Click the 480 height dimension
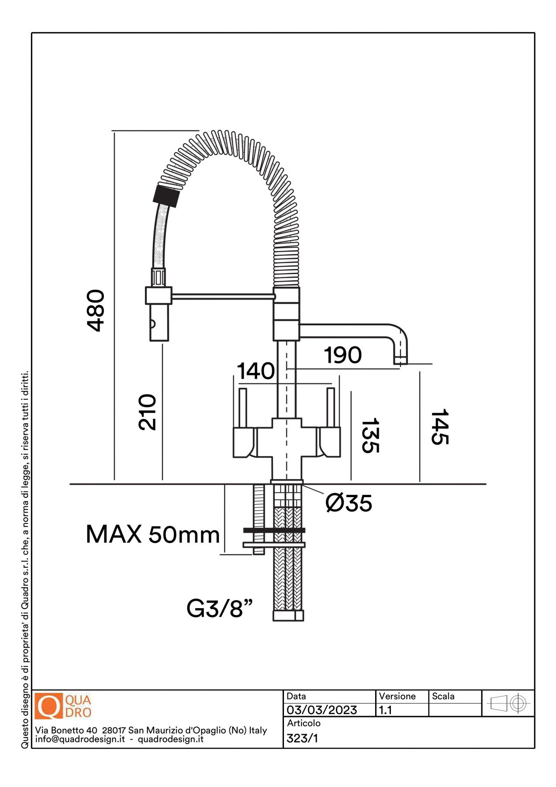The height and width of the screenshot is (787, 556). [96, 310]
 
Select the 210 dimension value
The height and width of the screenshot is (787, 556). [147, 412]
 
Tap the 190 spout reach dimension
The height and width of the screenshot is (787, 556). [343, 355]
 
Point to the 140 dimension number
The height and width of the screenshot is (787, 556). [256, 371]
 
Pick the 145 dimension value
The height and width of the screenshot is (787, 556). [440, 427]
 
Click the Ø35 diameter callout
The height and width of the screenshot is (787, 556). [349, 503]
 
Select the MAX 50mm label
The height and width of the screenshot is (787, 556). [153, 534]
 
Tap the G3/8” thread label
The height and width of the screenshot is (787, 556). [220, 608]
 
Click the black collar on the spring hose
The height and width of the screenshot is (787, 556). [166, 196]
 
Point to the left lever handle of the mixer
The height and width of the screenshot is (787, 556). [243, 407]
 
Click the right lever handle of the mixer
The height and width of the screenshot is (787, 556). [331, 407]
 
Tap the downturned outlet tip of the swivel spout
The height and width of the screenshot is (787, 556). [400, 359]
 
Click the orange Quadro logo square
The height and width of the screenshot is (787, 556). [49, 706]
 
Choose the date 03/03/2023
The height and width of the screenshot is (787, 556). [322, 710]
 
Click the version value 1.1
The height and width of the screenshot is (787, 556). [385, 710]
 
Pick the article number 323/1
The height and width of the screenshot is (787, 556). [302, 738]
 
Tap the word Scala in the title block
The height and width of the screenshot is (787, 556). [443, 696]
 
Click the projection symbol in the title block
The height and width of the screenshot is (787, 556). [508, 703]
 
